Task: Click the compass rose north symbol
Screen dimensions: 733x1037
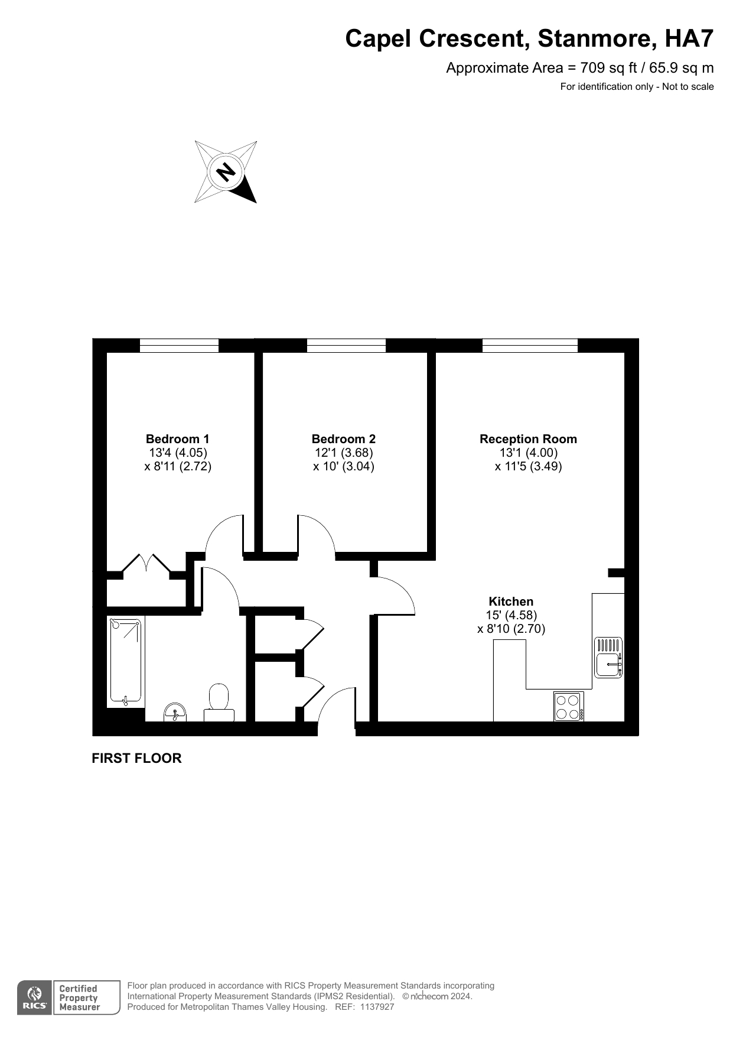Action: click(x=226, y=172)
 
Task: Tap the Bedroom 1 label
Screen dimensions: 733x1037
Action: click(x=177, y=439)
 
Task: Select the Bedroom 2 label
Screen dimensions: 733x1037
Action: click(x=343, y=439)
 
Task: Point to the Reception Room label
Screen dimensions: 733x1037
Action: click(x=528, y=439)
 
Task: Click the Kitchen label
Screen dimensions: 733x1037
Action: click(x=511, y=602)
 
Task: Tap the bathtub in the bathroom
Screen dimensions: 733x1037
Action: click(x=125, y=661)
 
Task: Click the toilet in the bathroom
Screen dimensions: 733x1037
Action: click(x=219, y=703)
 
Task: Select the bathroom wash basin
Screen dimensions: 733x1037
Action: click(x=174, y=712)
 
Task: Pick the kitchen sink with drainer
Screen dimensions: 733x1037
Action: click(x=608, y=657)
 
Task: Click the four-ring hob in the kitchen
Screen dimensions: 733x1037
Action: click(x=568, y=706)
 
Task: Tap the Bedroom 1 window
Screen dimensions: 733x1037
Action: click(x=179, y=346)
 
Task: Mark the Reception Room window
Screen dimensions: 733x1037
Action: click(x=530, y=346)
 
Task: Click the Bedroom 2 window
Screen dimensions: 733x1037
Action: click(x=346, y=346)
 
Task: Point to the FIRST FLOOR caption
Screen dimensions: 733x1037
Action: click(x=136, y=758)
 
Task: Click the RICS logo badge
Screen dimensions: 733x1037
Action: click(x=35, y=998)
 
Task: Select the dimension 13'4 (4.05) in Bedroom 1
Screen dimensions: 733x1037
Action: click(x=178, y=453)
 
